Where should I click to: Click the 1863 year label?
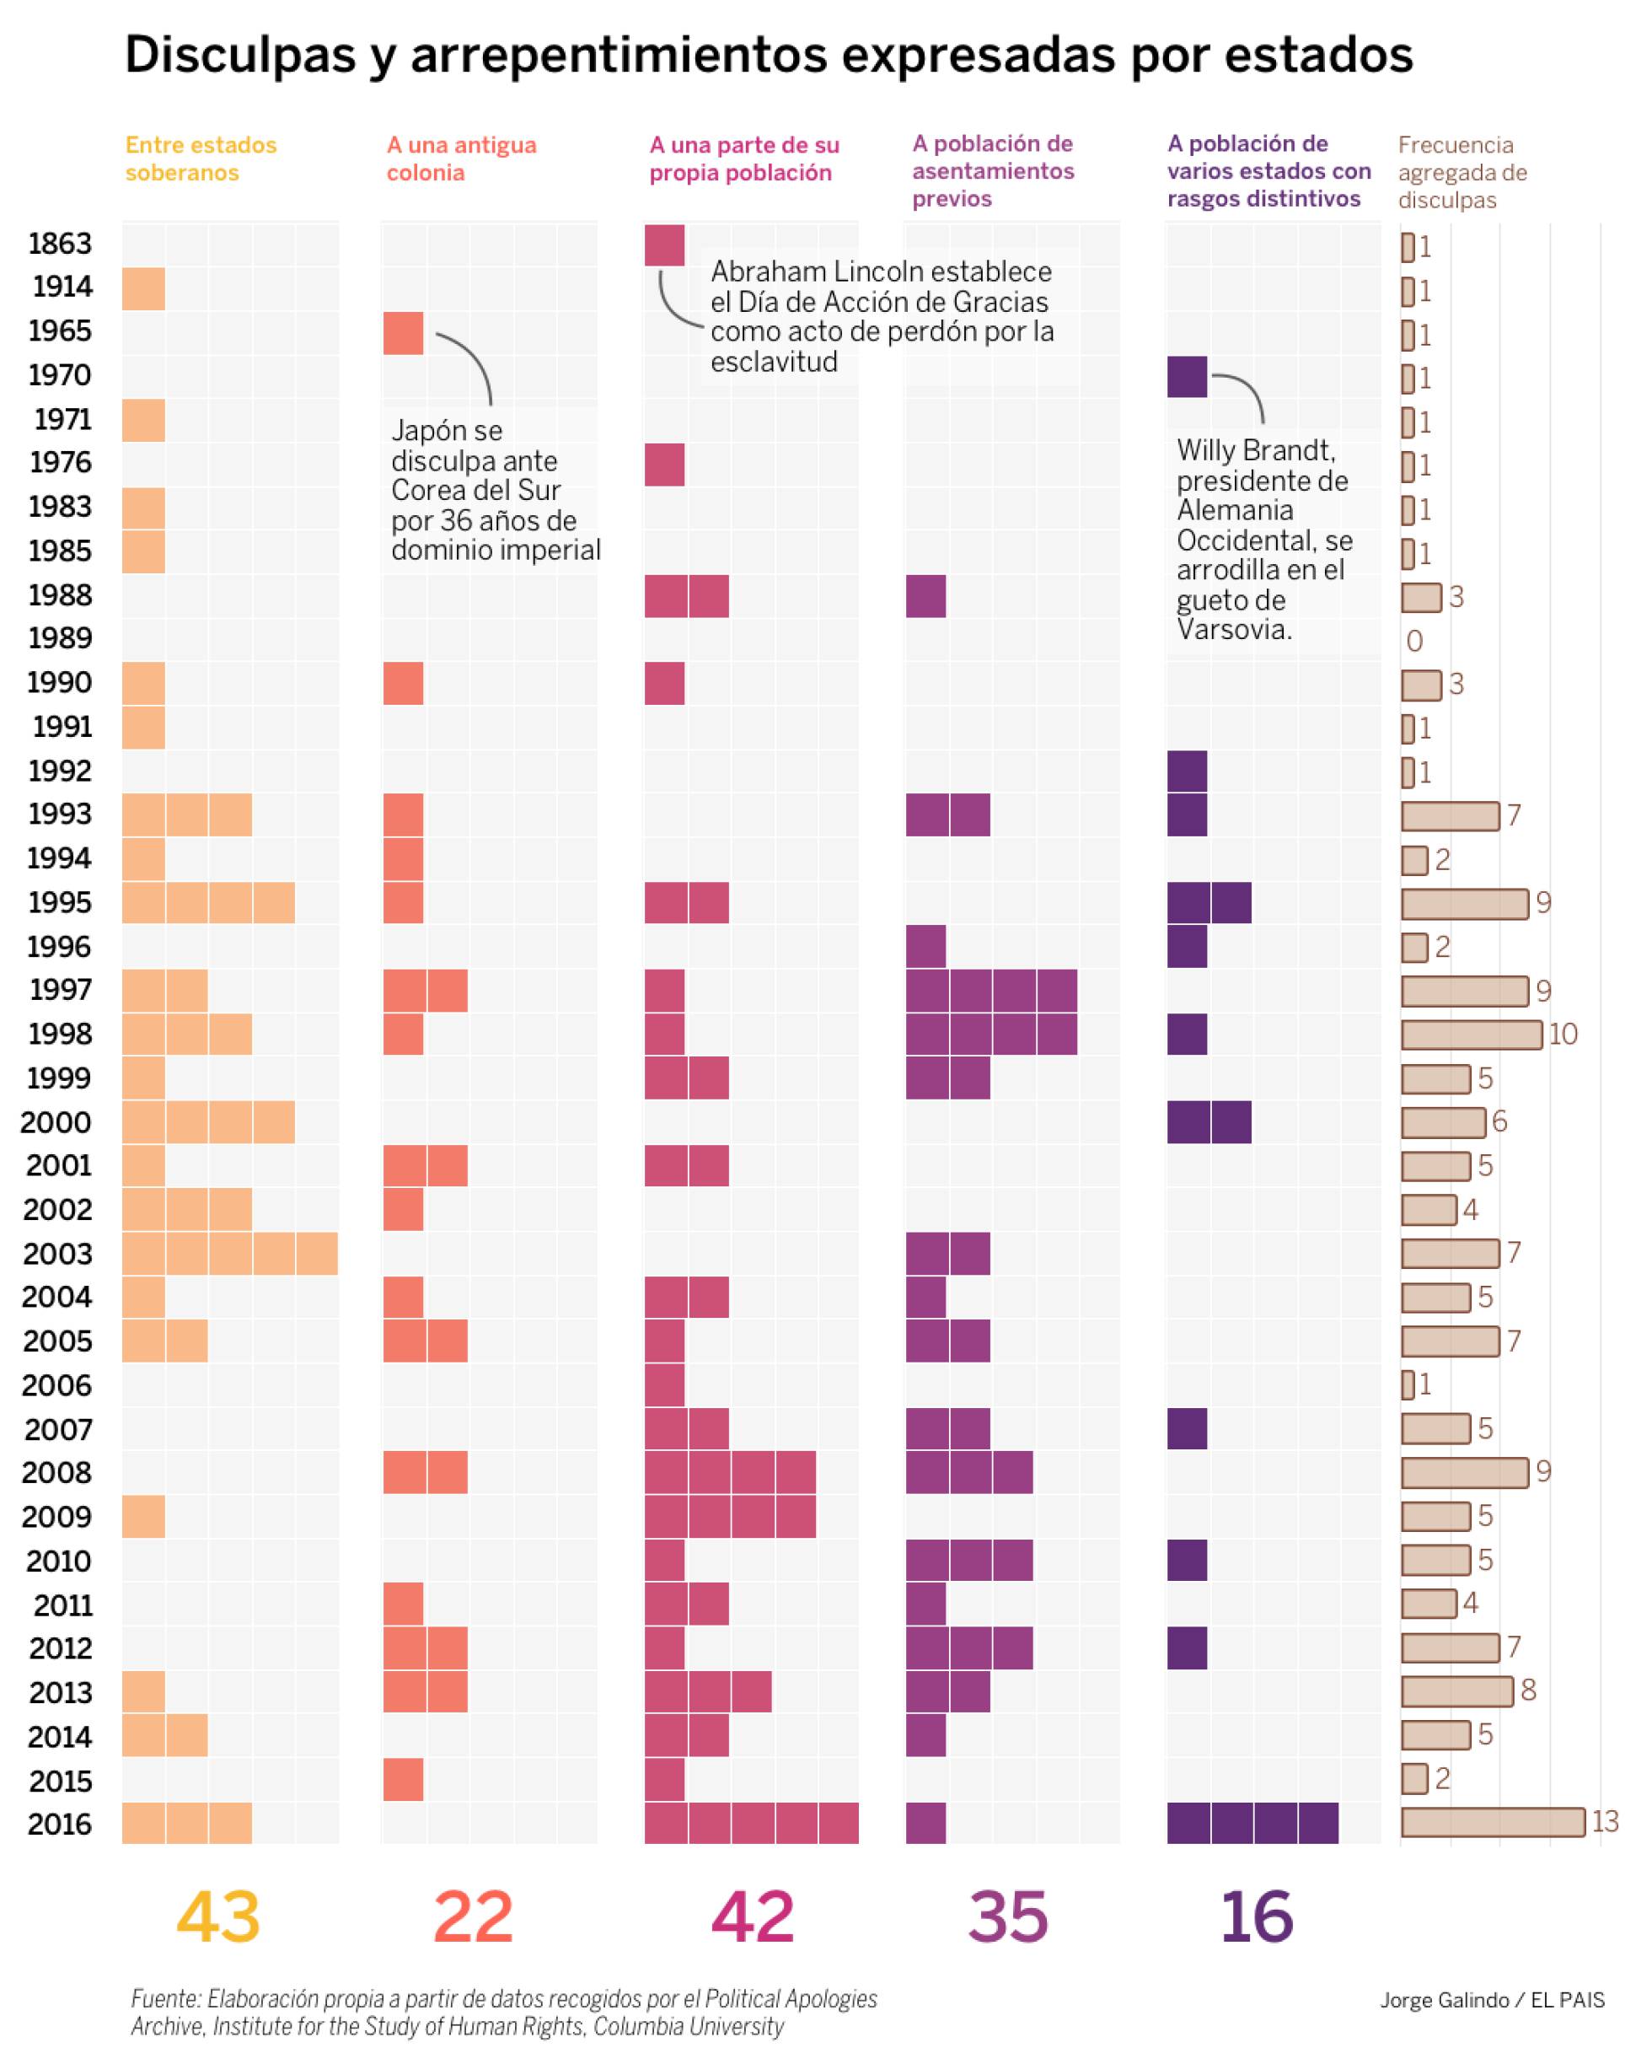[59, 245]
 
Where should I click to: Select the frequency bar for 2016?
[1491, 1822]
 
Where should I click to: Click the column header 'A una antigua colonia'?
[461, 159]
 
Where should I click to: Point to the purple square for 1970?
[1187, 376]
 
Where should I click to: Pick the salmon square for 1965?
[403, 333]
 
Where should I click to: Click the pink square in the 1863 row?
[664, 245]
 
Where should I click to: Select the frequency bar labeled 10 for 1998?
[1471, 1034]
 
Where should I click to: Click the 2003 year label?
[57, 1253]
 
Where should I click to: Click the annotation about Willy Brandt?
[1263, 539]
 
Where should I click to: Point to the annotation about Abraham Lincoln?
[881, 316]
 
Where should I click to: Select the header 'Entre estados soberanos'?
[201, 159]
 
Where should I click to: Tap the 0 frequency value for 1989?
[1414, 641]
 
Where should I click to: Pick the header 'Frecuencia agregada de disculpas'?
[1462, 172]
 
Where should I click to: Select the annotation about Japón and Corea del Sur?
[495, 490]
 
